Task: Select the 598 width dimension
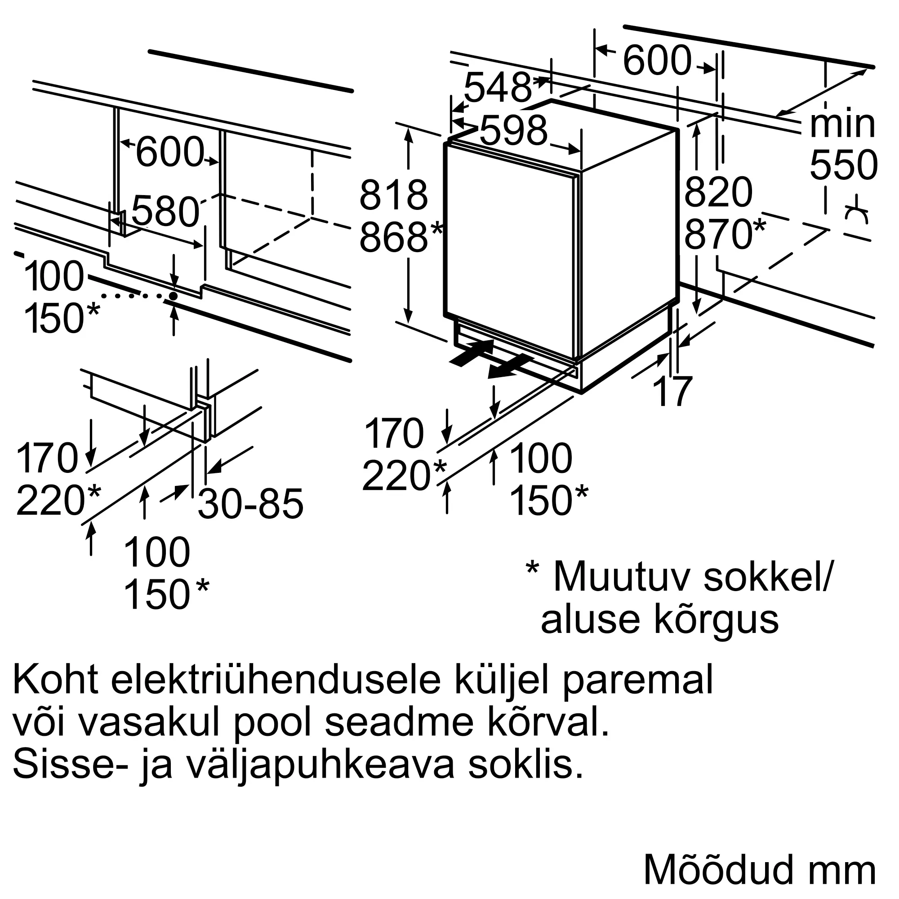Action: coord(514,130)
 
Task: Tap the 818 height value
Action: coord(394,195)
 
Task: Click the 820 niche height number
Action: coord(718,192)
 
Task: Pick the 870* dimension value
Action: coord(725,234)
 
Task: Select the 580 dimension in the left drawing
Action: coord(165,211)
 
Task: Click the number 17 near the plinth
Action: coord(673,392)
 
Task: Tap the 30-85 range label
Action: coord(251,503)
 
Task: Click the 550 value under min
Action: coord(844,165)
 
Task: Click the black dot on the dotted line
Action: coord(173,296)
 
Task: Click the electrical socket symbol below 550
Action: coord(857,214)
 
